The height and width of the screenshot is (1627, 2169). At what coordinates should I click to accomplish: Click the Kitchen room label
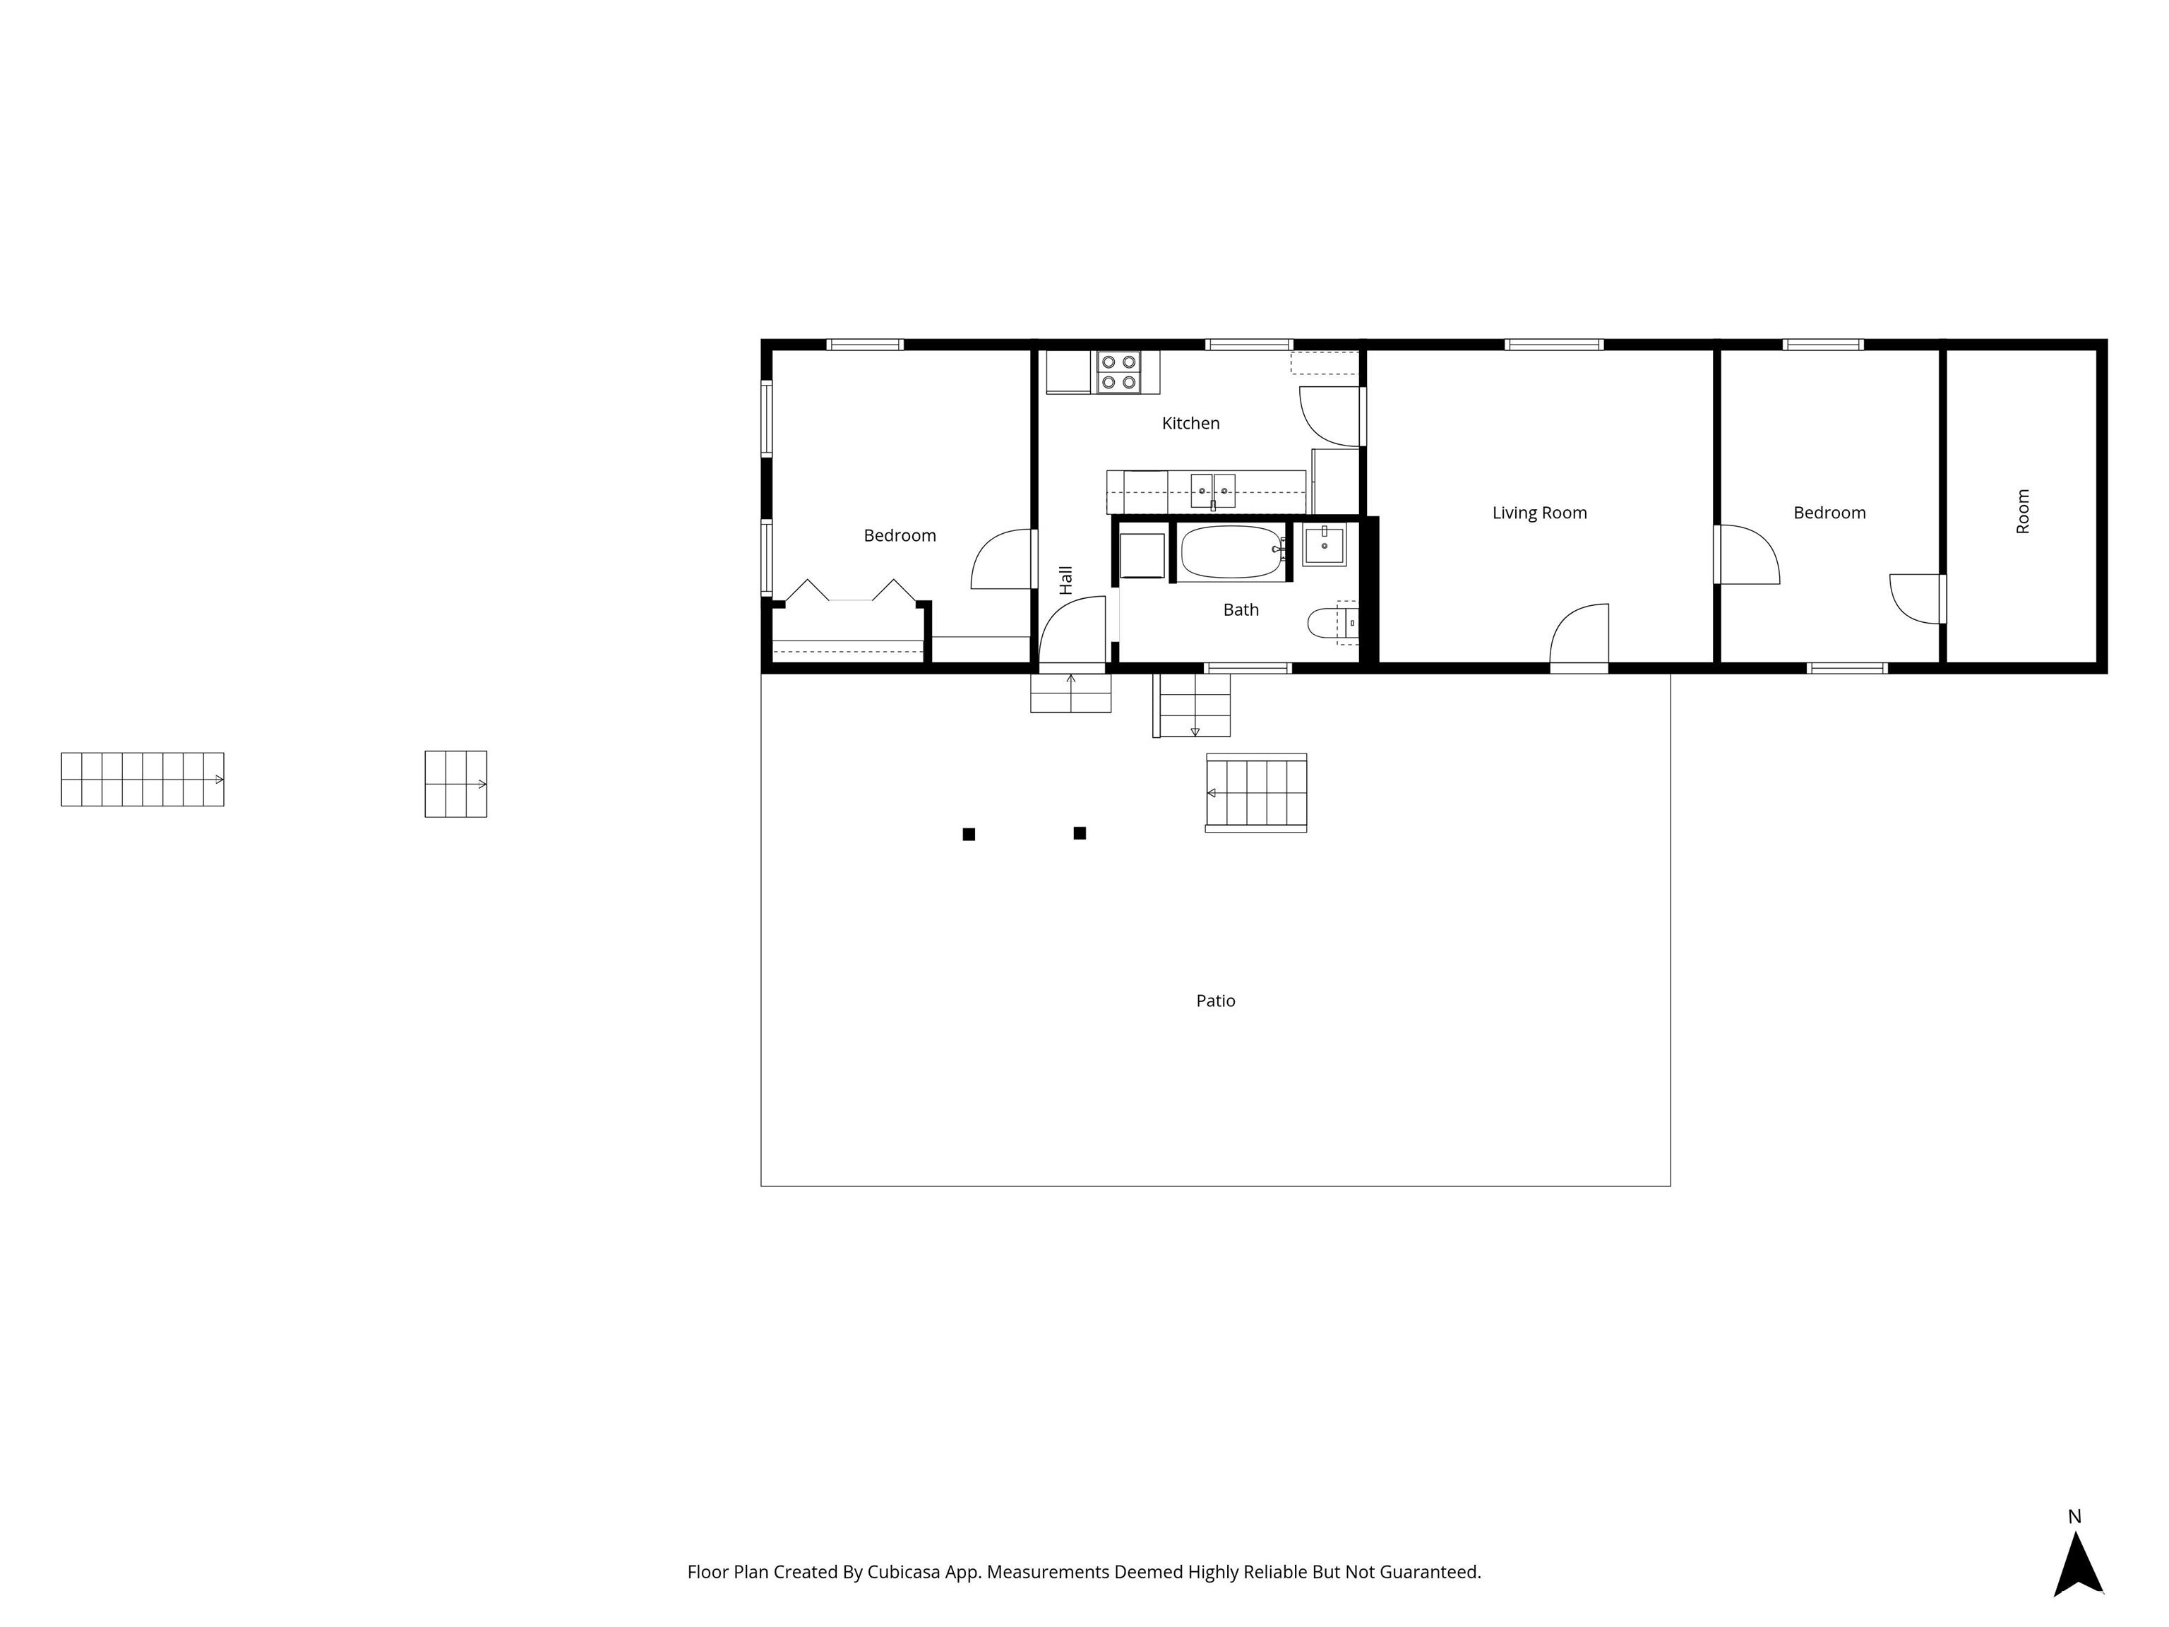[1190, 424]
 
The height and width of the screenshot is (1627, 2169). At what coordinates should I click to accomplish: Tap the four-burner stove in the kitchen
[1118, 373]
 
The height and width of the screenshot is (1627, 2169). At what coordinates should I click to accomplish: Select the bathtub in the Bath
[1231, 552]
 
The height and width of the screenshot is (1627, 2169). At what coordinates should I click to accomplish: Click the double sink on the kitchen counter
[1213, 489]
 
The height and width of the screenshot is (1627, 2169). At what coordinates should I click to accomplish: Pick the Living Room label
[1538, 513]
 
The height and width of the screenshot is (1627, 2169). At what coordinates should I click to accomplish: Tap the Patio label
[1215, 1001]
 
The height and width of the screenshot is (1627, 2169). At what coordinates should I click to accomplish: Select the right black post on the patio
[1080, 833]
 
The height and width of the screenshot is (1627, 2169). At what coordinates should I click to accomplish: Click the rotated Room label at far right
[2023, 511]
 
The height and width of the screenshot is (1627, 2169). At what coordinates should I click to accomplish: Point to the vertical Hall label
[1066, 580]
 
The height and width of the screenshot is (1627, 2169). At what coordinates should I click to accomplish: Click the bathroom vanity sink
[1324, 544]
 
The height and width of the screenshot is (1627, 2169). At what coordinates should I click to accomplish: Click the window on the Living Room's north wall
[1554, 344]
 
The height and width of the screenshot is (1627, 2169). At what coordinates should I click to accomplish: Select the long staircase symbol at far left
[142, 780]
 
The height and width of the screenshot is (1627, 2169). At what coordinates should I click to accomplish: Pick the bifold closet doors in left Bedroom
[850, 591]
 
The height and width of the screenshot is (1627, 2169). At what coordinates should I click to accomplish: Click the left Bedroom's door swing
[1002, 561]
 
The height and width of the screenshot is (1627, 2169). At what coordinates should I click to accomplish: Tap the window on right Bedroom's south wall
[1847, 669]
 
